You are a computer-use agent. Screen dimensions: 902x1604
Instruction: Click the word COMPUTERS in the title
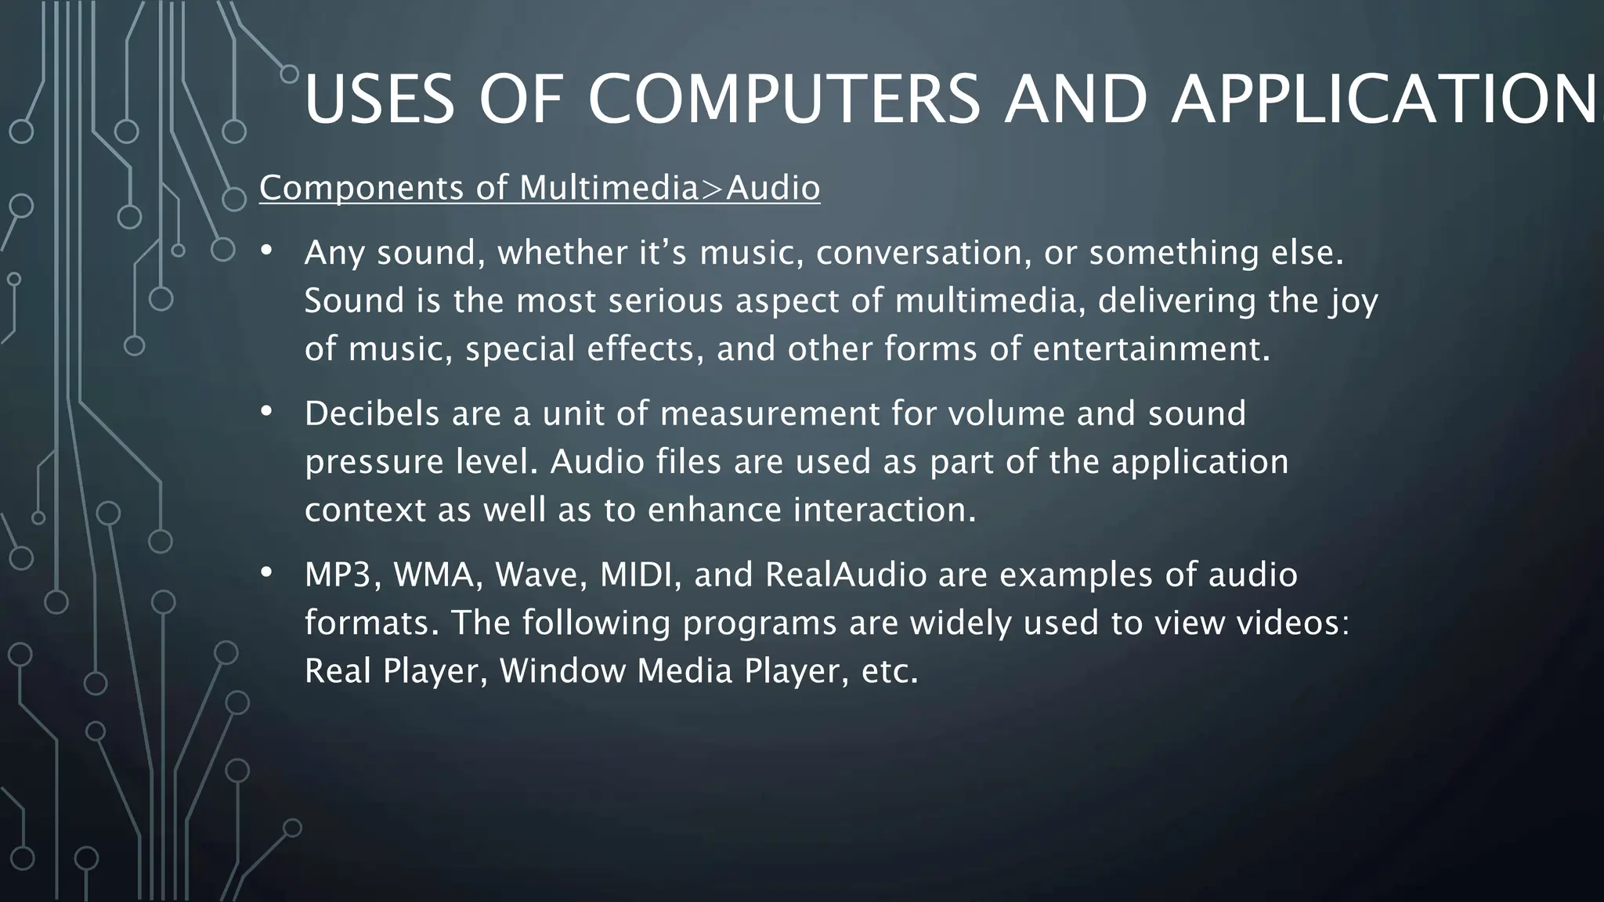click(783, 99)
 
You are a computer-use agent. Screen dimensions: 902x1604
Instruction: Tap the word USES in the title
click(379, 99)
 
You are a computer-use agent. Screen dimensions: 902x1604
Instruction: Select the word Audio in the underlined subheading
click(773, 188)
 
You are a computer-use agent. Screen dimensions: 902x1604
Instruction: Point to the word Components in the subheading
click(362, 188)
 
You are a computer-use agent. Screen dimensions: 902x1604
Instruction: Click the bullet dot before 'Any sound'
click(266, 251)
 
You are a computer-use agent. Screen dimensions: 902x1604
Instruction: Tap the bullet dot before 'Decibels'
click(266, 411)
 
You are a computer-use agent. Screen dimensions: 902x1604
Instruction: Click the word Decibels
click(372, 413)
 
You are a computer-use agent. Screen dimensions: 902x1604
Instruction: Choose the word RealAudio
click(846, 575)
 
